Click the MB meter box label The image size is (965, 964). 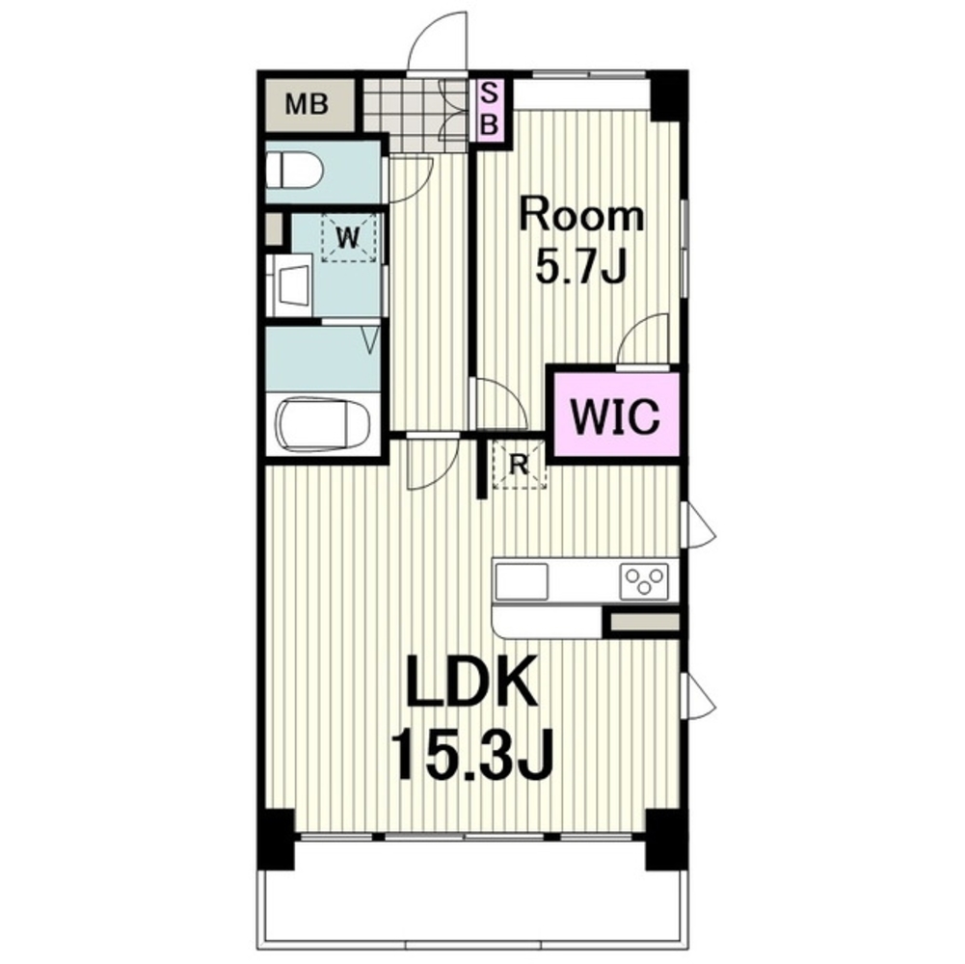[306, 104]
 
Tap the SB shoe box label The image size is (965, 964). [490, 110]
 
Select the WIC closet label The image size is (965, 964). [615, 415]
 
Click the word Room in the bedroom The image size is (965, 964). [581, 215]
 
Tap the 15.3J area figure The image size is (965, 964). [473, 754]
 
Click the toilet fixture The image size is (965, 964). [294, 171]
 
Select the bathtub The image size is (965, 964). [323, 426]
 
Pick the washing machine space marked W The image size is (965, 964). [348, 237]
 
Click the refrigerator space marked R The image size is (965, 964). [520, 464]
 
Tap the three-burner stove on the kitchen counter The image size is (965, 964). [644, 581]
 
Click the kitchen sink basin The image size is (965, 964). [522, 581]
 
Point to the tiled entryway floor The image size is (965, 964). [415, 115]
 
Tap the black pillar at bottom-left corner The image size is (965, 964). [275, 840]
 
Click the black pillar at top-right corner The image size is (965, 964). [668, 96]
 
